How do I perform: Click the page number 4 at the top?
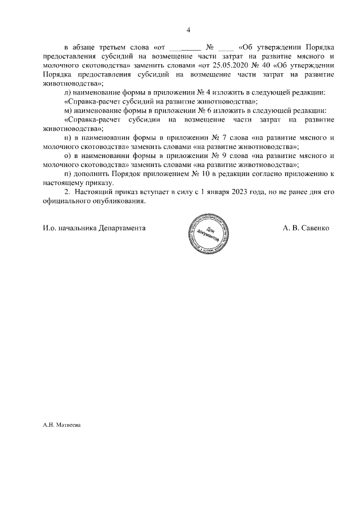188,30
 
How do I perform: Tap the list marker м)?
69,110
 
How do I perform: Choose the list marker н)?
69,138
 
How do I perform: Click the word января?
218,192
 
